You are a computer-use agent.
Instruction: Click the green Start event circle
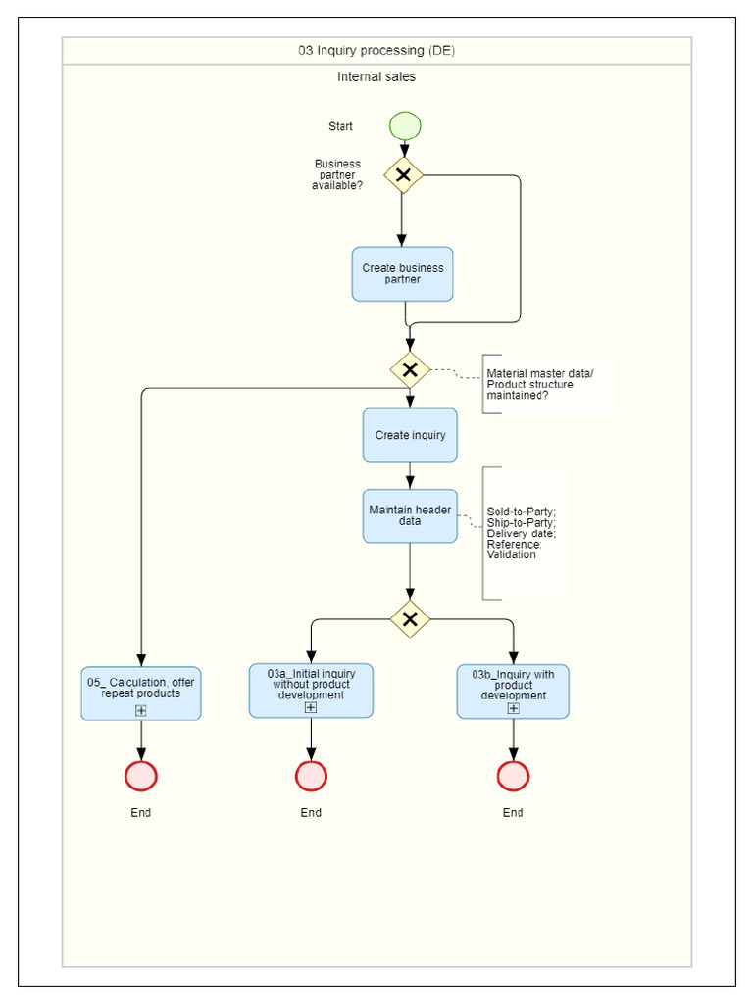coord(405,126)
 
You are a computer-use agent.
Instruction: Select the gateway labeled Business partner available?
coord(402,175)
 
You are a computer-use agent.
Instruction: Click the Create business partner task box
coord(402,274)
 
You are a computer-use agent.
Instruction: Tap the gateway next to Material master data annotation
coord(410,370)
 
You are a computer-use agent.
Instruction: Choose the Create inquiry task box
coord(410,435)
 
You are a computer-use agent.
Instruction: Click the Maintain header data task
coord(410,516)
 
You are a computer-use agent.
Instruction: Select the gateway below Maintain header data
coord(410,619)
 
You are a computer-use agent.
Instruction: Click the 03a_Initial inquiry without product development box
coord(311,686)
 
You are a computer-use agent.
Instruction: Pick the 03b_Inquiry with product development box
coord(513,686)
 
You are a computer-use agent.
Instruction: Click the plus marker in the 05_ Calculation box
coord(141,710)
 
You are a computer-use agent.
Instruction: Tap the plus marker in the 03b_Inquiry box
coord(513,708)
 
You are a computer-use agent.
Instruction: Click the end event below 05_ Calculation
coord(141,776)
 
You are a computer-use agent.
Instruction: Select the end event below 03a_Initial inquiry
coord(311,776)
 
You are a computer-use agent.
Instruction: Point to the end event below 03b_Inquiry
coord(513,776)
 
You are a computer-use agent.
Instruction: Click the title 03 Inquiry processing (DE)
coord(376,51)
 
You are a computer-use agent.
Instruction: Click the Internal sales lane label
coord(376,77)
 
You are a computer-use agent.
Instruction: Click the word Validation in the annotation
coord(511,555)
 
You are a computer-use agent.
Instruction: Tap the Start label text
coord(341,126)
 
